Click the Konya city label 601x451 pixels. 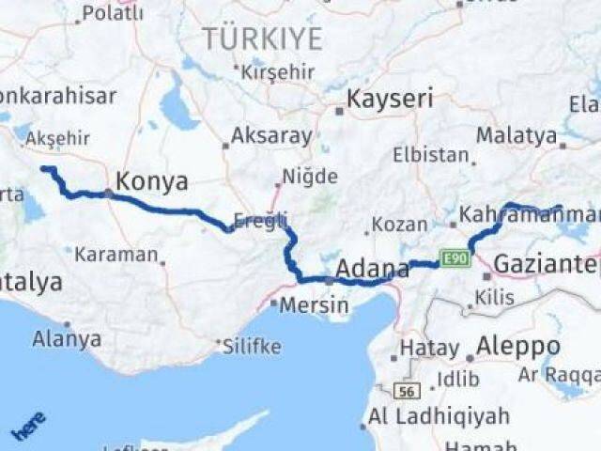150,181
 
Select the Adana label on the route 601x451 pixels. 372,268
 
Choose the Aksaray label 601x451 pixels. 271,135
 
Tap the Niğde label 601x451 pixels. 309,177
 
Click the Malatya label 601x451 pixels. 516,135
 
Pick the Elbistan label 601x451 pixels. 431,155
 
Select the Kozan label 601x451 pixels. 399,225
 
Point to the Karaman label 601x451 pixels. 116,254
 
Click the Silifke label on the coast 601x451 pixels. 252,346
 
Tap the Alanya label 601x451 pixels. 67,338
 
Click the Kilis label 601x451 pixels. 495,298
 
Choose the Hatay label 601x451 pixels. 429,348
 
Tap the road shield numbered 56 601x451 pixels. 407,390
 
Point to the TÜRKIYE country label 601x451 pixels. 262,39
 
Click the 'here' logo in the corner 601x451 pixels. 28,426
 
